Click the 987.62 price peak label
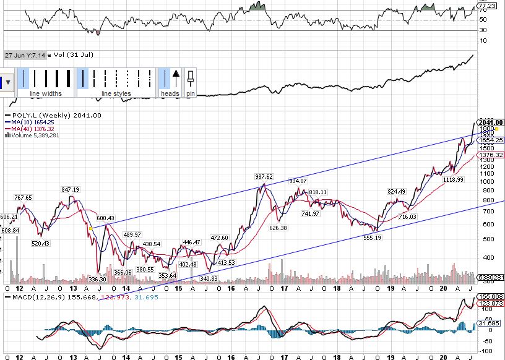point(264,177)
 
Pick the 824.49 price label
point(396,192)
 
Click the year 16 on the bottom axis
point(230,288)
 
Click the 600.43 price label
point(105,218)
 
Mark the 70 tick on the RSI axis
point(482,11)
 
